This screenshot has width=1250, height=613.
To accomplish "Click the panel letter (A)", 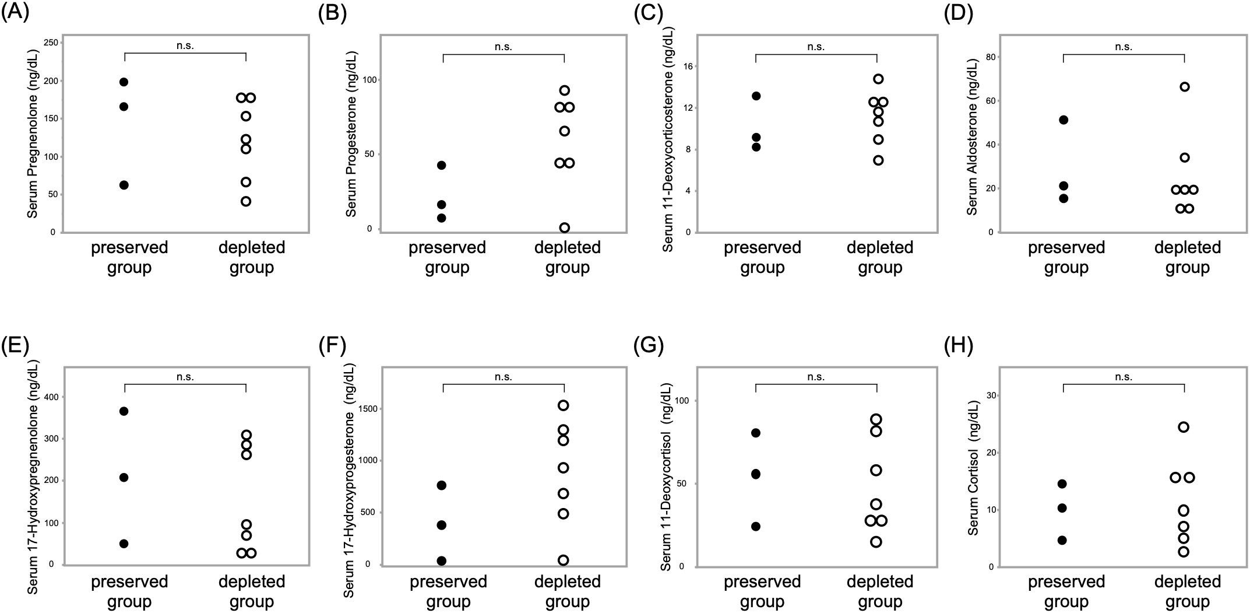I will (x=15, y=13).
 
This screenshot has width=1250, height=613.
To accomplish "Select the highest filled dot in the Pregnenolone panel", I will (x=124, y=82).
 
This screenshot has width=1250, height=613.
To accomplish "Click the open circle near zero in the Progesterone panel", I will (x=564, y=227).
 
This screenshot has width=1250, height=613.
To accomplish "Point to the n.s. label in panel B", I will (x=503, y=47).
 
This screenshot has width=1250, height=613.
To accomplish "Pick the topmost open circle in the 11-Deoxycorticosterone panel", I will (x=878, y=79).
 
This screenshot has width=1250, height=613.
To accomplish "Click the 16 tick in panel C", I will (x=688, y=66).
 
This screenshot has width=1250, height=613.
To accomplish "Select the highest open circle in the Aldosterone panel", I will (x=1185, y=87).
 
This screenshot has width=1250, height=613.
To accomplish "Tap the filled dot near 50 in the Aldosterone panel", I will (x=1064, y=120).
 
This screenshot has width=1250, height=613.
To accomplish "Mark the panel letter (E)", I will (x=15, y=345).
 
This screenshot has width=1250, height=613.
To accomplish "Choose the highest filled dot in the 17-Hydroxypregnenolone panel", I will (x=124, y=411).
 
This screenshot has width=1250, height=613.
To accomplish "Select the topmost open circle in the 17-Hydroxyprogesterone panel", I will (x=564, y=405).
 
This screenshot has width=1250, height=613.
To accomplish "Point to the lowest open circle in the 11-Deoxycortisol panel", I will (x=876, y=542).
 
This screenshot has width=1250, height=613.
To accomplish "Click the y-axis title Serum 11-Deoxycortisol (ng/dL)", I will (x=667, y=478).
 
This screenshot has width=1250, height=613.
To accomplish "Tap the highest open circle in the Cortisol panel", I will (x=1184, y=427).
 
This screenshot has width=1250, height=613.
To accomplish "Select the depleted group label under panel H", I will (x=1187, y=591).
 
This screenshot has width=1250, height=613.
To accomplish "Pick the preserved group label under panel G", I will (x=762, y=591).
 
